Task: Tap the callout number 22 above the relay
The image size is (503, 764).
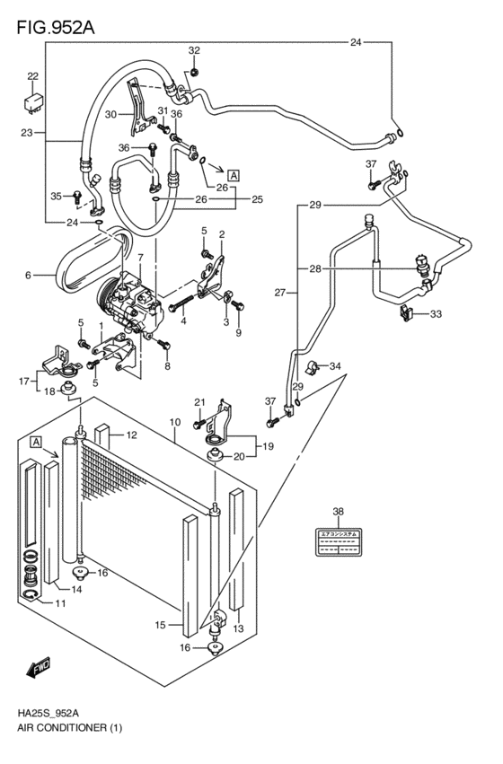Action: coord(32,76)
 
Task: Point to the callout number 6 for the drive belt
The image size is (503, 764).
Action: coord(28,275)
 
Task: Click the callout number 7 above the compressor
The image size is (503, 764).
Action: coord(139,258)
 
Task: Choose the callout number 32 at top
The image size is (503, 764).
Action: coord(194,50)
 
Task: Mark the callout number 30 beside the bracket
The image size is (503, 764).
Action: coord(110,114)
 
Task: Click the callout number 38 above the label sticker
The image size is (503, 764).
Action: coord(339,512)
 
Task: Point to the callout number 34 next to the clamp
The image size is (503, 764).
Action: coord(335,365)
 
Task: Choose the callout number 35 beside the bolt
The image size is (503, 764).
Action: coord(56,196)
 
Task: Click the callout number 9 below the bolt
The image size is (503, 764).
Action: coord(239,334)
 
